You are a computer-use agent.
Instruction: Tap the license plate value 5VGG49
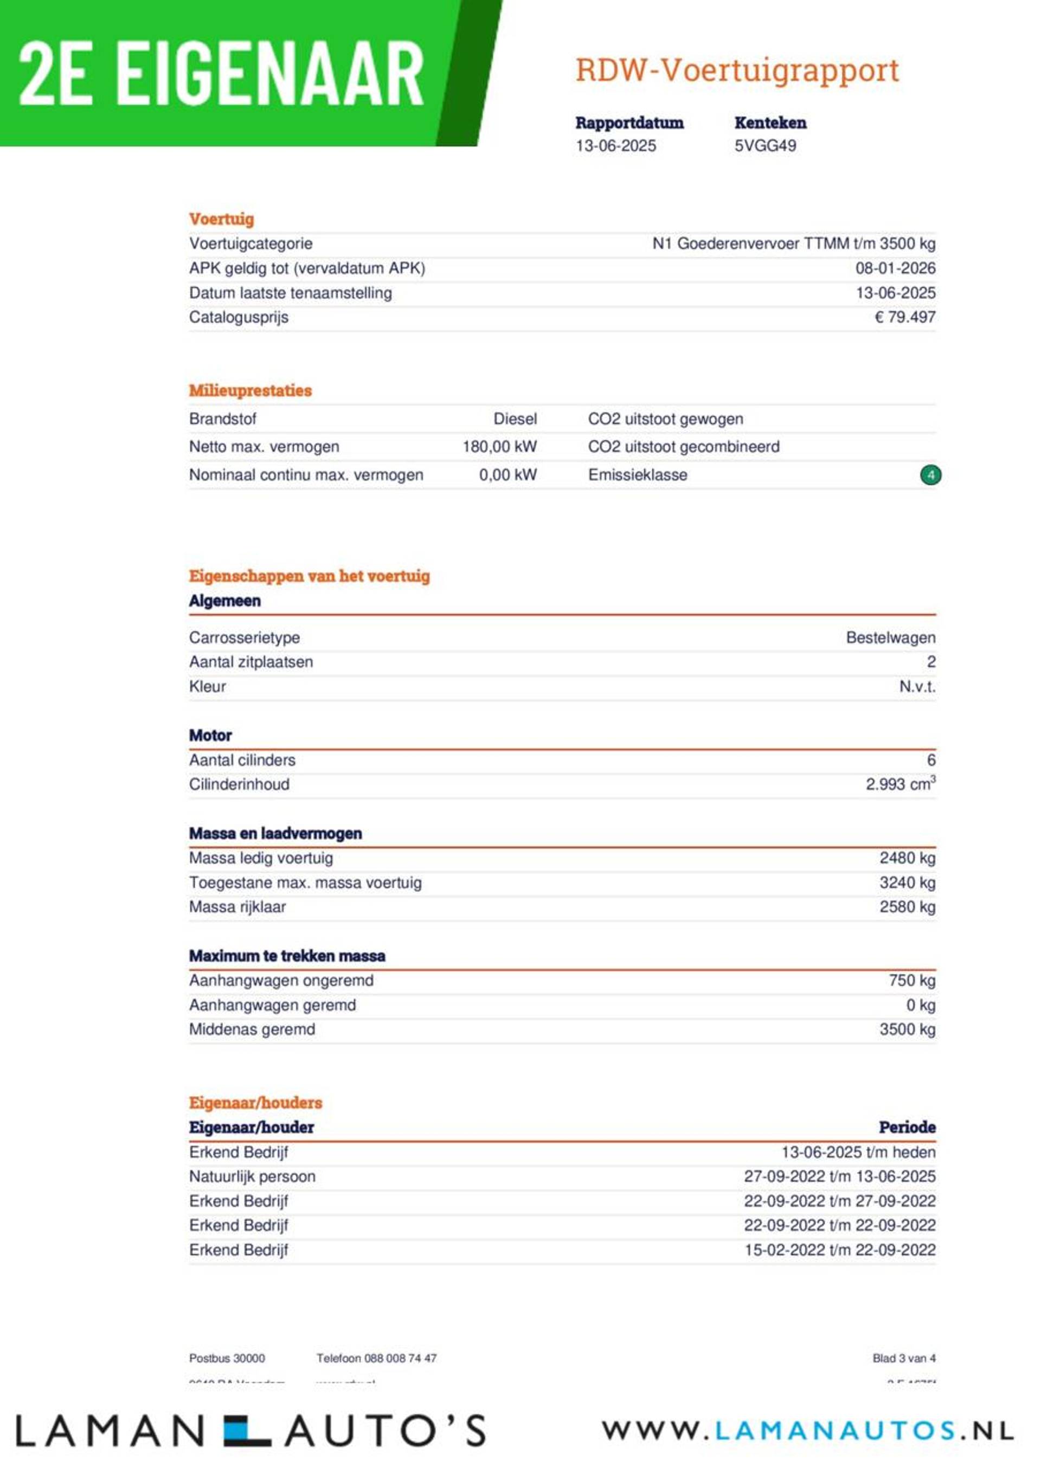tap(765, 146)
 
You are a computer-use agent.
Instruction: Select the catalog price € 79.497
tap(904, 317)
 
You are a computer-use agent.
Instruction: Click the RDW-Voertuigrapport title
tap(737, 70)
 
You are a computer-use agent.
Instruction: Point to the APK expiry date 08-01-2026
tap(895, 268)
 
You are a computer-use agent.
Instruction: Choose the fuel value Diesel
tap(515, 419)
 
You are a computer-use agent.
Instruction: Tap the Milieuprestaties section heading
tap(250, 390)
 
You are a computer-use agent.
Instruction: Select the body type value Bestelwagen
tap(890, 638)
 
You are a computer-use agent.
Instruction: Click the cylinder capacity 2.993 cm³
tap(899, 784)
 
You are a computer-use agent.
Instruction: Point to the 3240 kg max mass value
tap(907, 883)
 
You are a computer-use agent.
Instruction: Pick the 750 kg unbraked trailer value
tap(911, 980)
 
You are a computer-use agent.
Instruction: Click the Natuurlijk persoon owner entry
tap(252, 1177)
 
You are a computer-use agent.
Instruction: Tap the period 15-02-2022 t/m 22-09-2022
tap(839, 1250)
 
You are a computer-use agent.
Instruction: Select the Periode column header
tap(907, 1128)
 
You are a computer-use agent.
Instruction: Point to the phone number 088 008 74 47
tap(400, 1358)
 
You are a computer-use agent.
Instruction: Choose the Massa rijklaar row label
tap(237, 907)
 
